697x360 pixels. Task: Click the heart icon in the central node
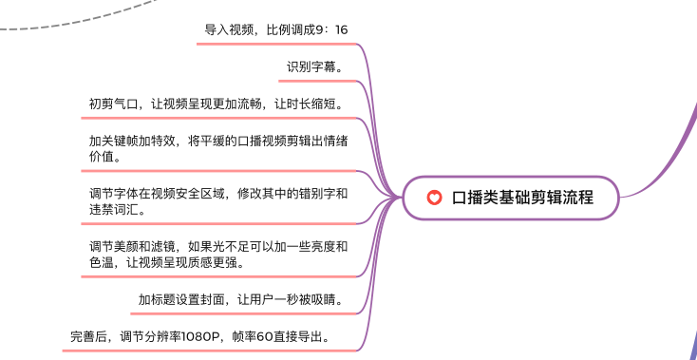click(434, 198)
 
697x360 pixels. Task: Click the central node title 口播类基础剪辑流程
click(522, 198)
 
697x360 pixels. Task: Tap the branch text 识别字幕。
click(315, 66)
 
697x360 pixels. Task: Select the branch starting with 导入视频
click(276, 29)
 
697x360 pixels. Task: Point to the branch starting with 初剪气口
click(217, 103)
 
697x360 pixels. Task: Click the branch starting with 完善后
click(201, 336)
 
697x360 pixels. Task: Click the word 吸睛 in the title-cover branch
click(324, 300)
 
